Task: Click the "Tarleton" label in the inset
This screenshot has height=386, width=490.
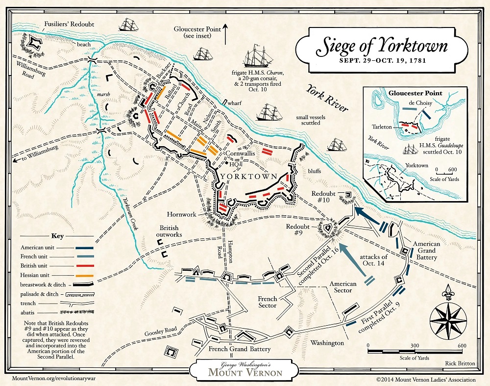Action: (x=382, y=127)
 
